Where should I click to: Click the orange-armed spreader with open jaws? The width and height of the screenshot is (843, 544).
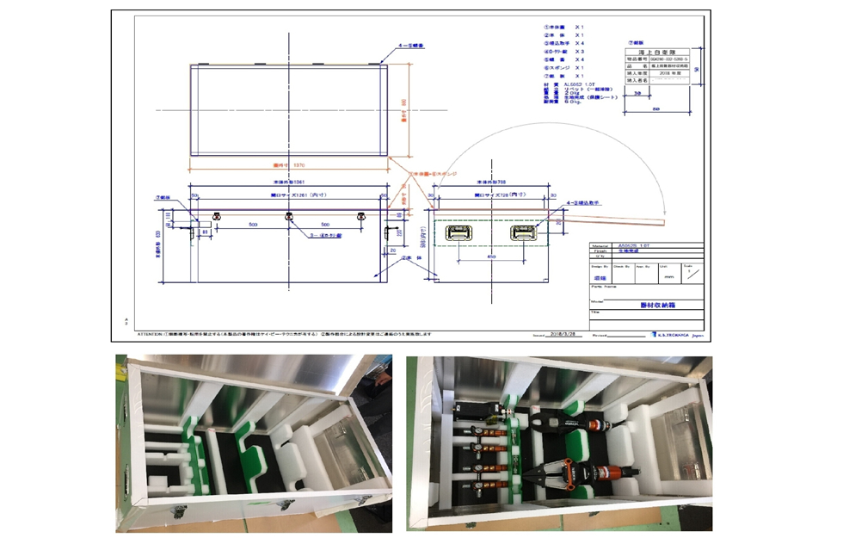pos(581,473)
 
